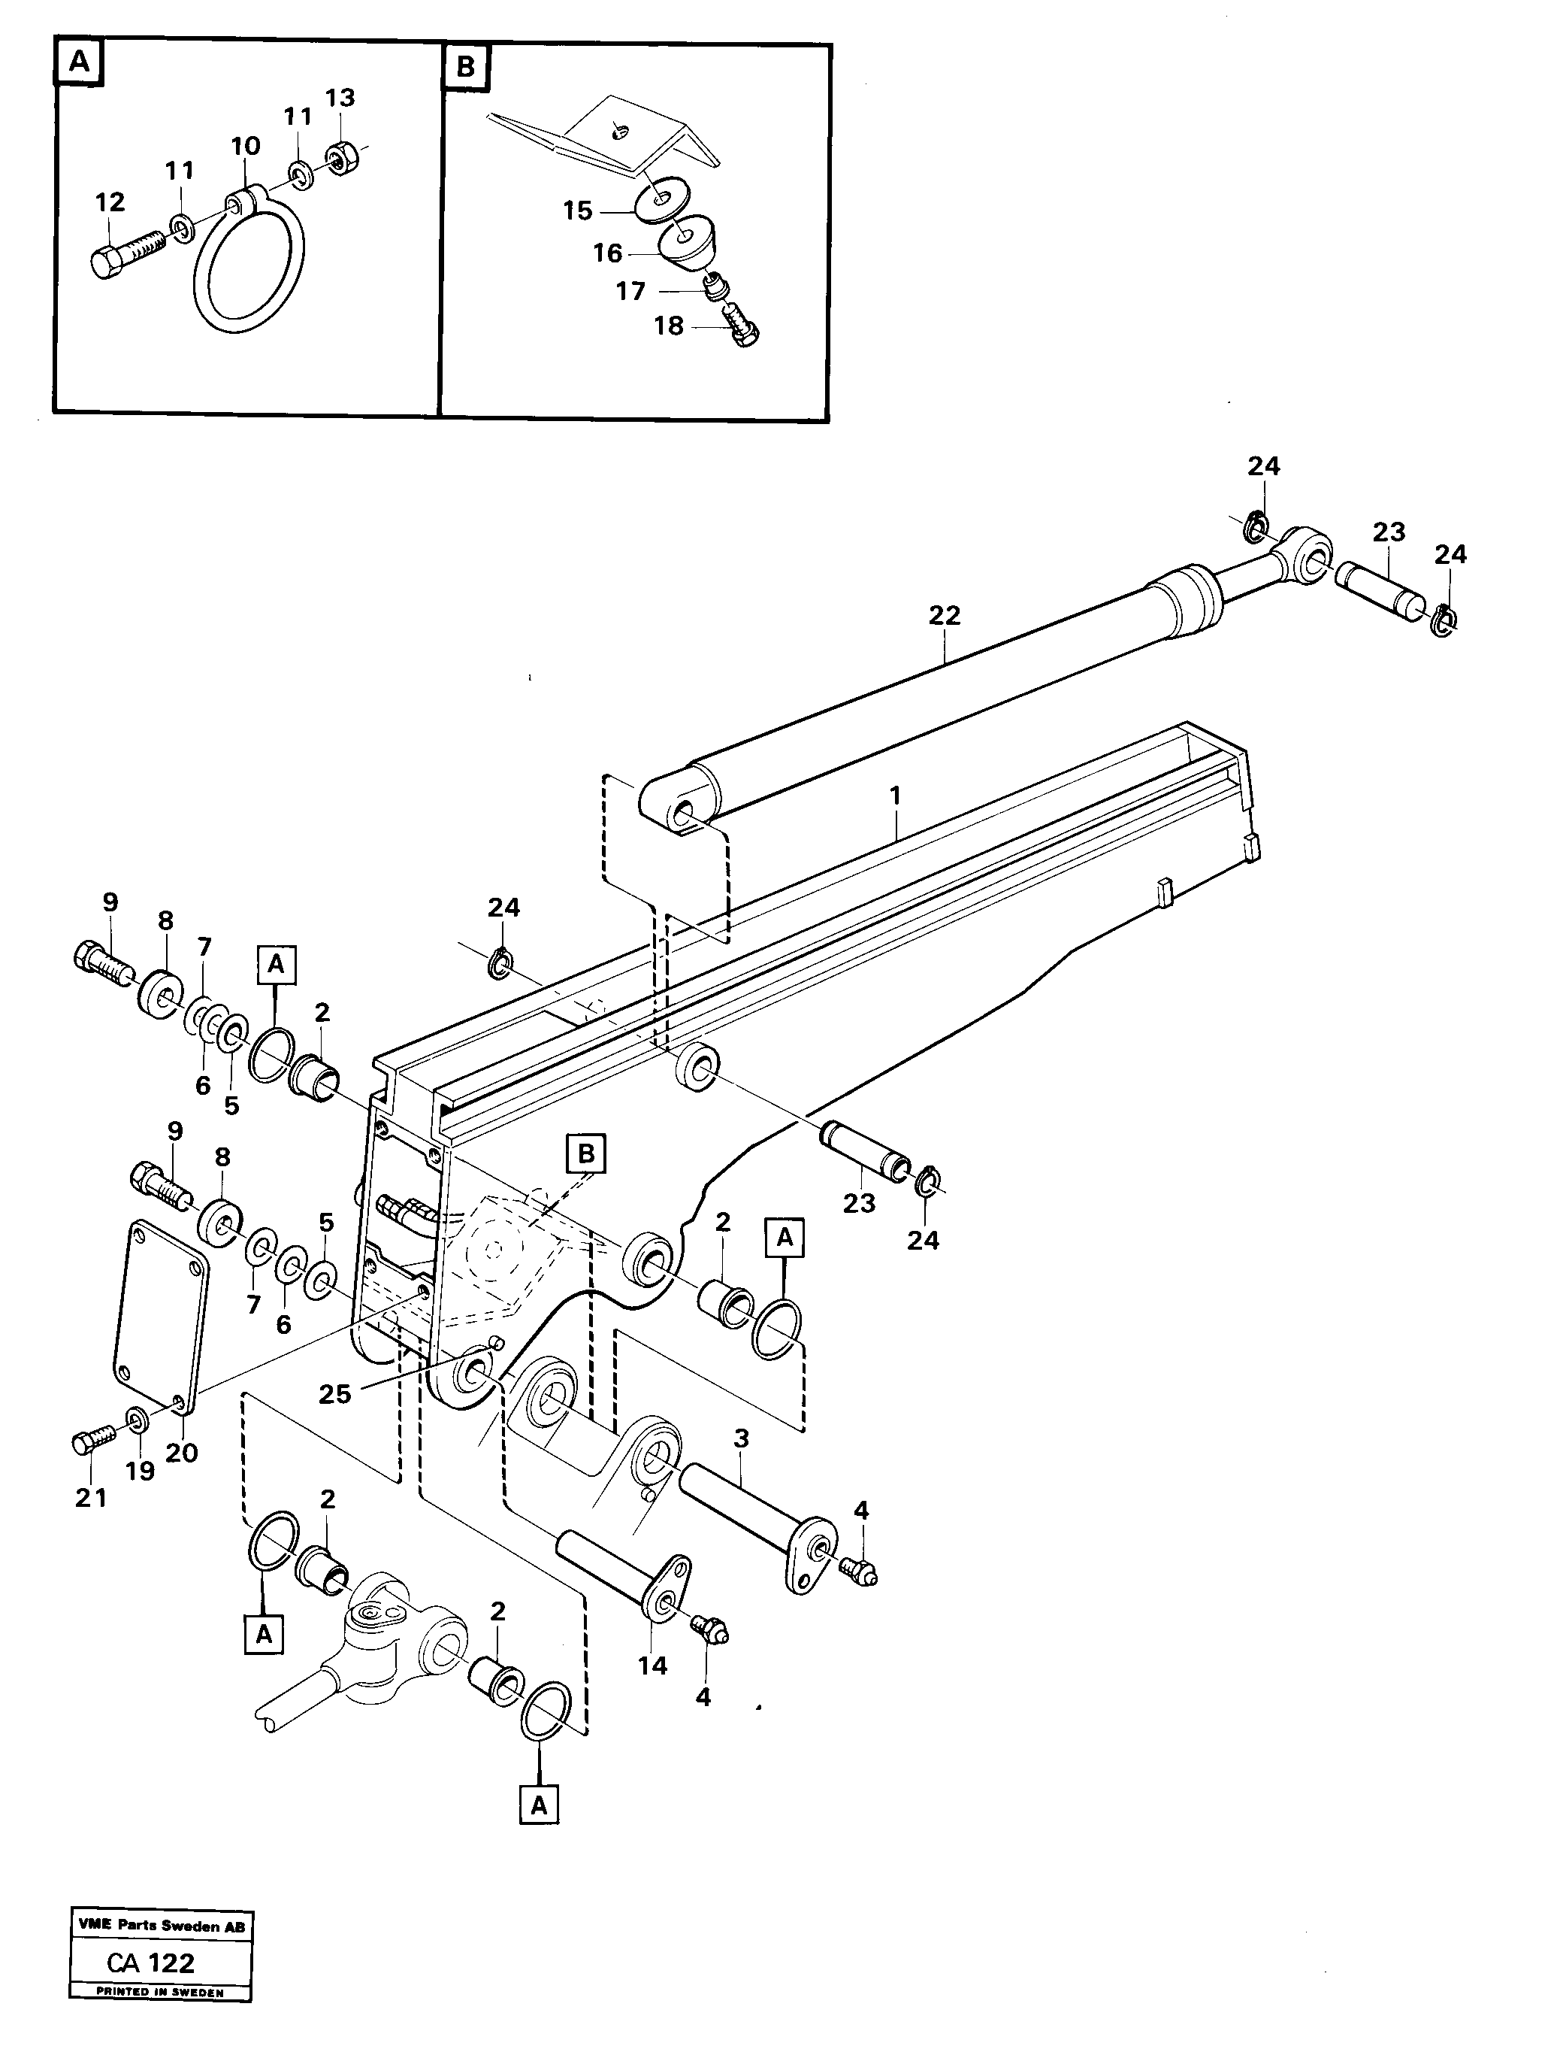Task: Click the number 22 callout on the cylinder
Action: coord(945,615)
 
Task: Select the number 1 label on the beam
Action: coord(894,796)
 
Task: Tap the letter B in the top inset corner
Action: coord(466,67)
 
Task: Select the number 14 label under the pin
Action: coord(652,1666)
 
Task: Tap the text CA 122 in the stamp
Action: coord(151,1963)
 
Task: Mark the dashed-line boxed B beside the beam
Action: coord(585,1155)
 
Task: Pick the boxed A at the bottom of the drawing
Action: coord(540,1805)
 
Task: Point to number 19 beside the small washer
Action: coord(140,1472)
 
